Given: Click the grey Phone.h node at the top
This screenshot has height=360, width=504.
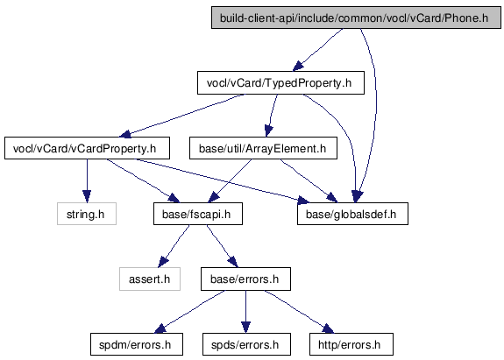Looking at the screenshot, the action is pos(356,18).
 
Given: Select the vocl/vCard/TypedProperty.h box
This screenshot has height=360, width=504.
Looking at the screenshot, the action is pos(280,83).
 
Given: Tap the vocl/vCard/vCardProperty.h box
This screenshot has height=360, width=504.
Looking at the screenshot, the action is pos(87,148).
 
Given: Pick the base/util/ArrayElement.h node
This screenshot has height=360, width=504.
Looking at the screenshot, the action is pos(263,148).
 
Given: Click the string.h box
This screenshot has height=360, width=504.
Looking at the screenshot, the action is pos(87,214).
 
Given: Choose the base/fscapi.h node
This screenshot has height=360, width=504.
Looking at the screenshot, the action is pos(198,214).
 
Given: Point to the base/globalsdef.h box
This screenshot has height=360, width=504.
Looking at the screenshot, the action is pos(352,214).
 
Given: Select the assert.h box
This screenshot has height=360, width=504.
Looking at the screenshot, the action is pos(150,279).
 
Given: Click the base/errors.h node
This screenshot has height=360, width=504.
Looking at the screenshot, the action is pos(245,279).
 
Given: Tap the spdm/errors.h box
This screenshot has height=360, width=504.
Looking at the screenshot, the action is pos(137,344).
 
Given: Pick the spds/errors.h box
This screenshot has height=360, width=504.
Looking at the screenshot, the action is pos(246,344).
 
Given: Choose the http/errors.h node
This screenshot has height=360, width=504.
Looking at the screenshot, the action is pos(351,344).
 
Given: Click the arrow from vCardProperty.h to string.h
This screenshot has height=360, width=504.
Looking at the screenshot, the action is pos(87,180).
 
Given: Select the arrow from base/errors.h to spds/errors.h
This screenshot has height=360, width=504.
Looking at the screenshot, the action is pos(246,312).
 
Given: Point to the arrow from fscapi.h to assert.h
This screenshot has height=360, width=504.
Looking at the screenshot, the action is pos(174,246).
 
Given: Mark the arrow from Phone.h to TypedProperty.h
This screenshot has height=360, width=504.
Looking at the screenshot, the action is pos(317,50).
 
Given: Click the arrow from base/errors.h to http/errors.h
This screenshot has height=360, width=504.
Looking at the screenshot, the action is pos(299,312).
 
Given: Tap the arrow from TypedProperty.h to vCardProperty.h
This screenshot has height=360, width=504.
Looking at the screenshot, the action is pos(181,116).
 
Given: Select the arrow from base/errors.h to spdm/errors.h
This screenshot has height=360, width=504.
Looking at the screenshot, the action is pos(189,312).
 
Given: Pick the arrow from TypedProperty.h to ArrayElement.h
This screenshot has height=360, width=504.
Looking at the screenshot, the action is pos(272,116).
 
